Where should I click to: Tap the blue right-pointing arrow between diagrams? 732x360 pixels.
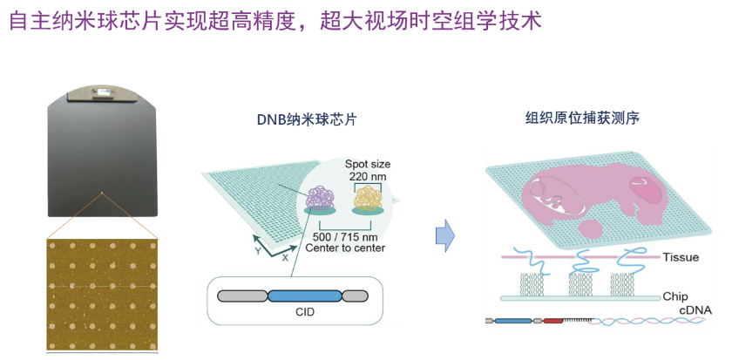click(444, 235)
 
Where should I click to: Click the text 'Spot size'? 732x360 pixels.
click(368, 164)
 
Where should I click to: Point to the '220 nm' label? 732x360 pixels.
click(367, 176)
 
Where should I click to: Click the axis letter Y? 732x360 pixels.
click(259, 248)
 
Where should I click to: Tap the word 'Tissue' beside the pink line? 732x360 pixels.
click(681, 257)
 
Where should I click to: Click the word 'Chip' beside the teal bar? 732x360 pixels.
click(675, 296)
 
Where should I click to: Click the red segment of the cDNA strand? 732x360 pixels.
click(553, 321)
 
